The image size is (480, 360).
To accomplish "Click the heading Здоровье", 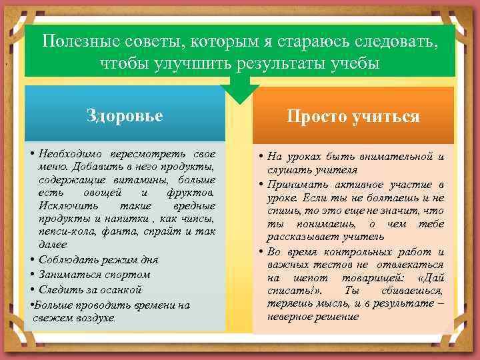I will point(125,115).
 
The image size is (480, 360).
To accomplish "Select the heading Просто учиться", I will point(353,117).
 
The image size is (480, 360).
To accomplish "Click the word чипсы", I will point(198,218).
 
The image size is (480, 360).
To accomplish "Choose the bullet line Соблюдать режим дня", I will point(98,259).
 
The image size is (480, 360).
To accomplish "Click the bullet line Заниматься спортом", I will point(95,275).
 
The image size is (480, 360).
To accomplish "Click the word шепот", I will point(305,278).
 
